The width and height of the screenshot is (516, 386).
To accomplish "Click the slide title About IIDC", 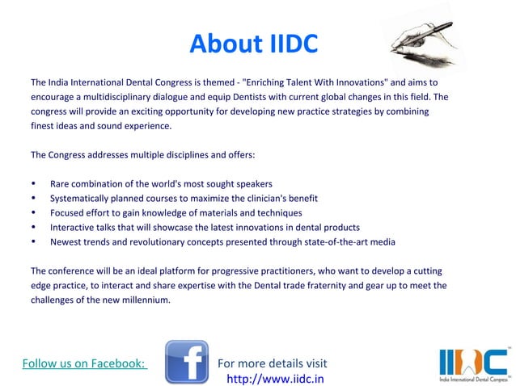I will coord(253,44).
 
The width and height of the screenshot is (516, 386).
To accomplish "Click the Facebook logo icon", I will coord(187,361).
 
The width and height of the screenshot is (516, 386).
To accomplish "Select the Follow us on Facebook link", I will coord(83,363).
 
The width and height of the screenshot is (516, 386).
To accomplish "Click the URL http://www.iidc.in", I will coord(276,378).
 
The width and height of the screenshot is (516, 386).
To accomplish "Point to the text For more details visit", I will coord(273,363).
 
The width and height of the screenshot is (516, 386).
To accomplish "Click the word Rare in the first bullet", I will coord(61,183).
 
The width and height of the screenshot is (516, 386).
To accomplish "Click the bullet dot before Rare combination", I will coord(33,183).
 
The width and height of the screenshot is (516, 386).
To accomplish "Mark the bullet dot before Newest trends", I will coord(33,241).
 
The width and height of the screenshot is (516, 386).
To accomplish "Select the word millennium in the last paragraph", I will coord(143,300).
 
